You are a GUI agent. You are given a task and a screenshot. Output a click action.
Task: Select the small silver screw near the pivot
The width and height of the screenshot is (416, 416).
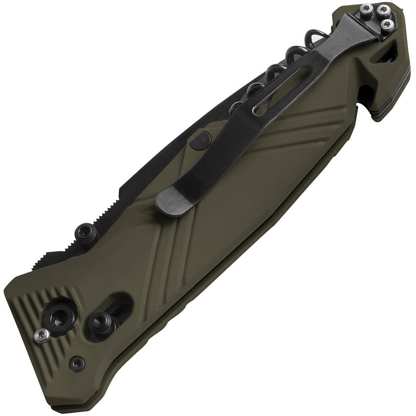point(41,334)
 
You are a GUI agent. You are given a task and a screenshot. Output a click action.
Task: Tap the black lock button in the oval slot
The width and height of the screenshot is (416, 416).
point(102,322)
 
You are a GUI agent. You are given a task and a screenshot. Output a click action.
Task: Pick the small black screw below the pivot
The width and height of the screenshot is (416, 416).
point(76,363)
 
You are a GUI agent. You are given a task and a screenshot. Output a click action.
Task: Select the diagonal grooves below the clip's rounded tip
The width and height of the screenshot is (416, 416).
point(166,250)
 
